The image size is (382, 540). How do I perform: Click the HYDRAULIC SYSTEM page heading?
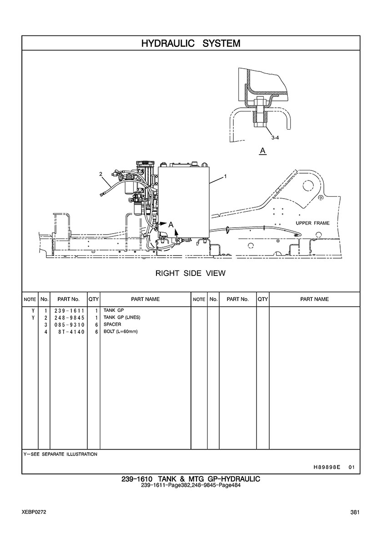point(191,43)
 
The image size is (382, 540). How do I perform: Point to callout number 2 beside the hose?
point(101,174)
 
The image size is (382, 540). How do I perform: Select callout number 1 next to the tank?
point(225,177)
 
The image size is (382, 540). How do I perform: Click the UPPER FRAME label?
point(312,223)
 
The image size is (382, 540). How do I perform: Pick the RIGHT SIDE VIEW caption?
point(191,274)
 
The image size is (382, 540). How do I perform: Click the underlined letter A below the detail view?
point(263,151)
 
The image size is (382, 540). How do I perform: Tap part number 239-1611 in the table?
point(69,310)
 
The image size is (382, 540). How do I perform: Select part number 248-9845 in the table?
point(69,318)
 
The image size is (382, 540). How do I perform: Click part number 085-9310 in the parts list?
point(69,325)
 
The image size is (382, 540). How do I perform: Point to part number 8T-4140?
point(71,332)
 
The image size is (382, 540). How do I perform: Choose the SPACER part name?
point(112,325)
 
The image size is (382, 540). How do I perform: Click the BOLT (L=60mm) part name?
point(121,332)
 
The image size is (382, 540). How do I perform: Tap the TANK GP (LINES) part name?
point(122,318)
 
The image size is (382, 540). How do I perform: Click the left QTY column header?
point(94,299)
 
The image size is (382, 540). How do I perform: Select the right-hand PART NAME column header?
point(315,299)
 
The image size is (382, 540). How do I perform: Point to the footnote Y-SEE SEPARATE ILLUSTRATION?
point(60,454)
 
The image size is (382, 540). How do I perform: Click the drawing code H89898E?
point(327,467)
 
